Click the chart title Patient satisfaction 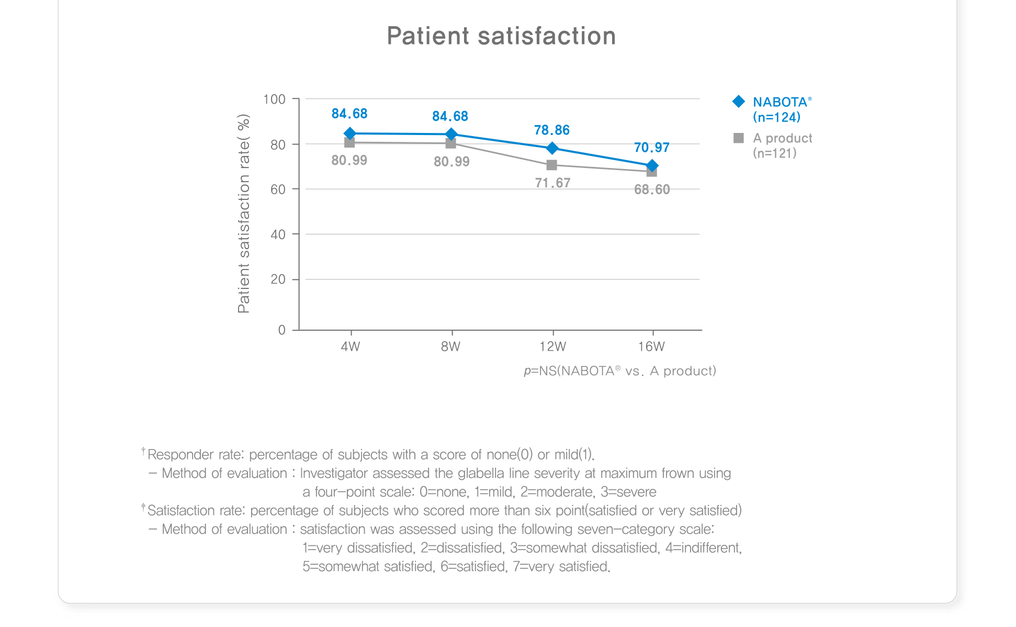tap(501, 36)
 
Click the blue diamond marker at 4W tap(350, 133)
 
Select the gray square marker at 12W tap(551, 165)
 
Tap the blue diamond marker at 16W tap(652, 165)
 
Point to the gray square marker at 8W tap(450, 143)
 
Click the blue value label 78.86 tap(551, 130)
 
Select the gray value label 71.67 tap(552, 183)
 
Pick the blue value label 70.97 tap(651, 147)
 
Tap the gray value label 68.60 tap(652, 189)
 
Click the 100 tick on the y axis tap(275, 99)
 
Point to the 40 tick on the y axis tap(278, 234)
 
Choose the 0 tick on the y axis tap(282, 330)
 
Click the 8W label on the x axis tap(450, 346)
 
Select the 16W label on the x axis tap(651, 346)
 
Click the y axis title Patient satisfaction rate tap(244, 214)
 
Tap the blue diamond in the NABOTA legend tap(739, 102)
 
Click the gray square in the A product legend tap(739, 138)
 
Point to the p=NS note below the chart tap(619, 371)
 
